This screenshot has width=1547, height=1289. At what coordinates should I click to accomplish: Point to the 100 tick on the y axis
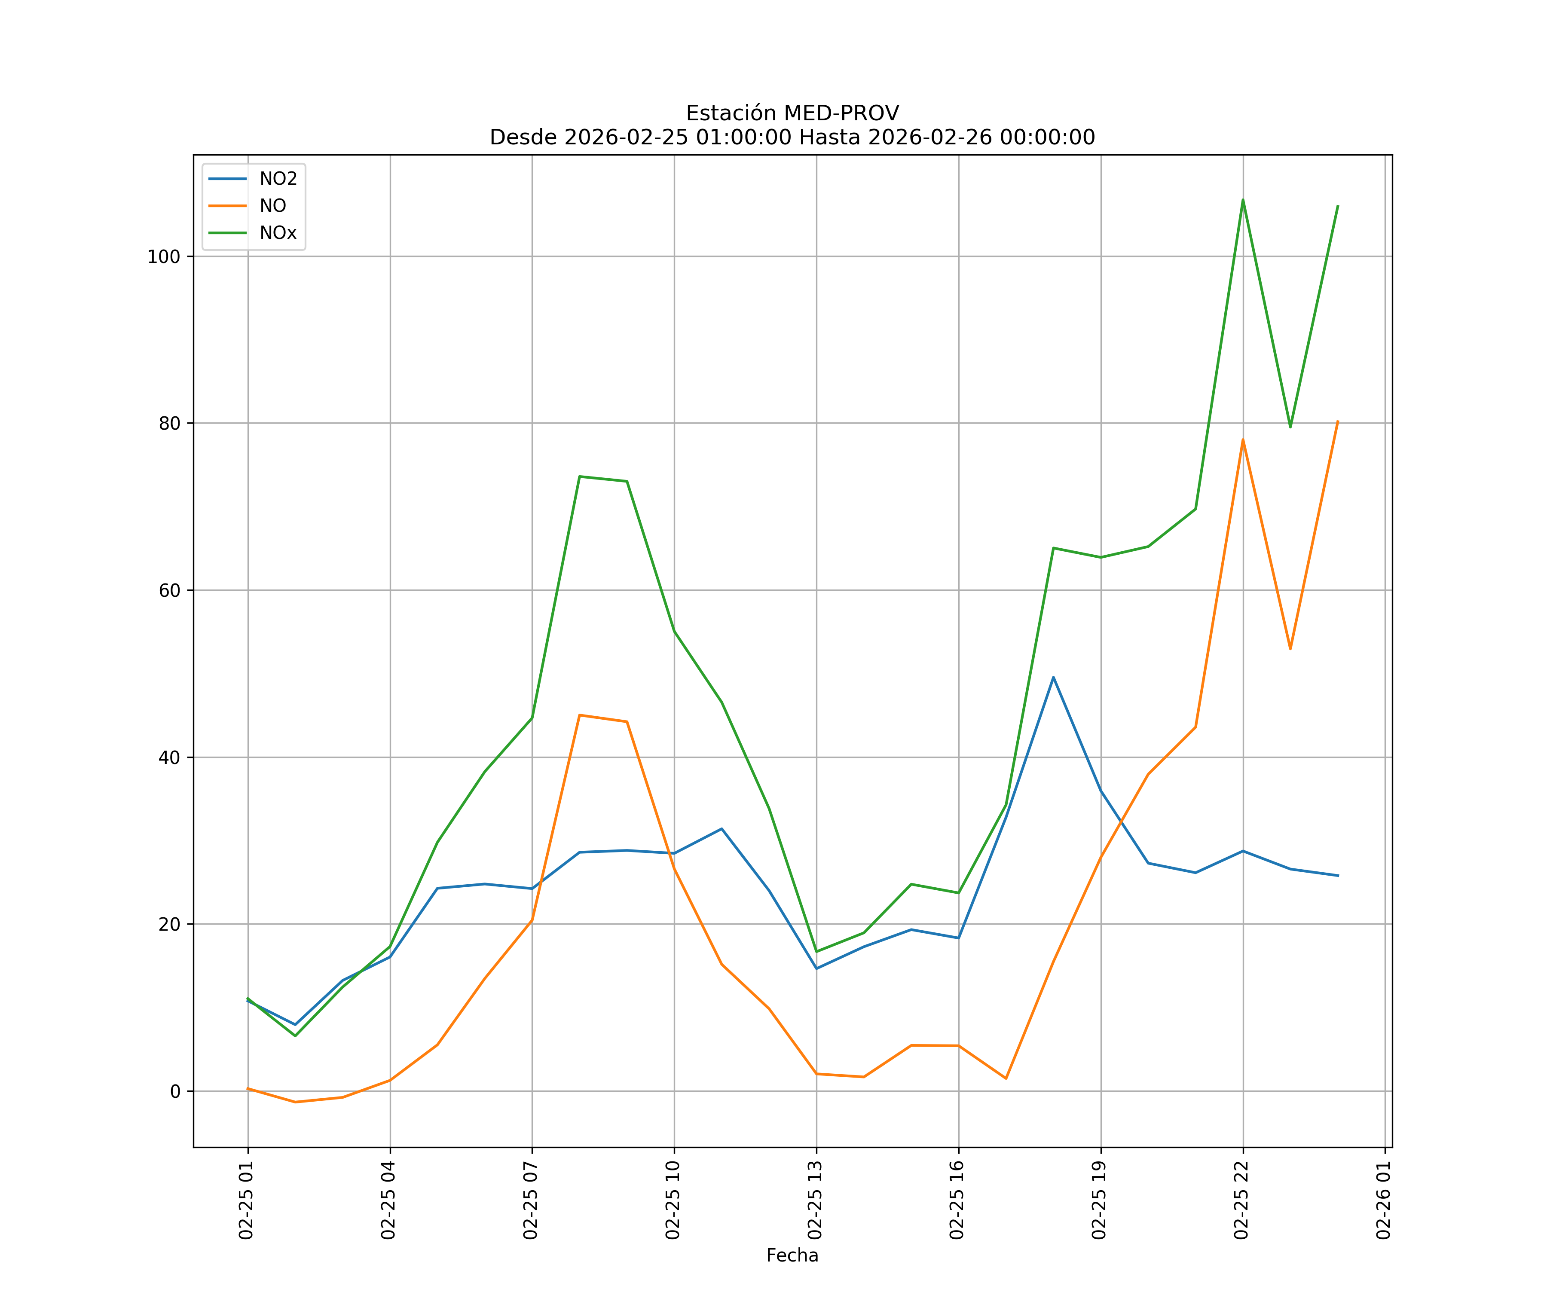[164, 257]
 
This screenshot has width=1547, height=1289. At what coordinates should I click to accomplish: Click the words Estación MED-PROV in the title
[792, 113]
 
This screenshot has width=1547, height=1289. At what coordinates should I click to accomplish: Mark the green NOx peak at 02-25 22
[1243, 200]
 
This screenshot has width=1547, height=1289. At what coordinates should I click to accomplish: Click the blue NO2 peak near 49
[1053, 677]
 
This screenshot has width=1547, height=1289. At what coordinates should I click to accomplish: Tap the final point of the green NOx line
[1338, 206]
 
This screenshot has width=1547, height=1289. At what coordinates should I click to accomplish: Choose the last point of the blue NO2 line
[1338, 876]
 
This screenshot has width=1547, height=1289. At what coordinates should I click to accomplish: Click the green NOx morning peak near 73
[580, 477]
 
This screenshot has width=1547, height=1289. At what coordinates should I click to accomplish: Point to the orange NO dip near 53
[1290, 649]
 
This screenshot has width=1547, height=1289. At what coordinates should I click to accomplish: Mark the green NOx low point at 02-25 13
[816, 952]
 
